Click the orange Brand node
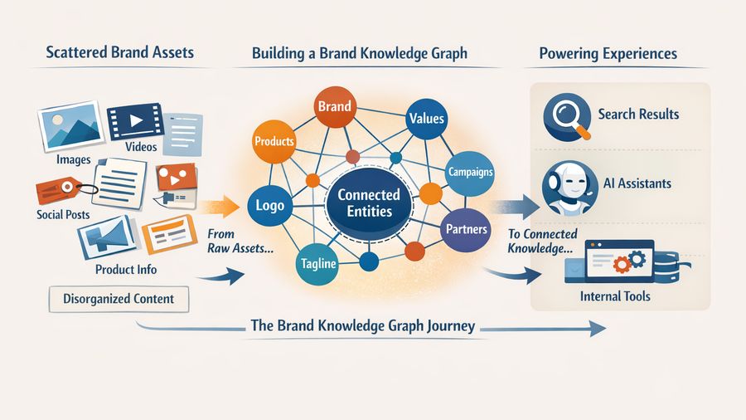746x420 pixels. (335, 108)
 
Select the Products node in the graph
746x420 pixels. (274, 142)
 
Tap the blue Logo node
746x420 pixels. (269, 206)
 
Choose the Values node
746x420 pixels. (427, 120)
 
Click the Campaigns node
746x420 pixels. (470, 173)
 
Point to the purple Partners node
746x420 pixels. (465, 228)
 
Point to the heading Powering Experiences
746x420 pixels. (608, 54)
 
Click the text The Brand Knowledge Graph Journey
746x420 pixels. (363, 325)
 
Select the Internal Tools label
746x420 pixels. (614, 295)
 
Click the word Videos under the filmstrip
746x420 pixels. (141, 147)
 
